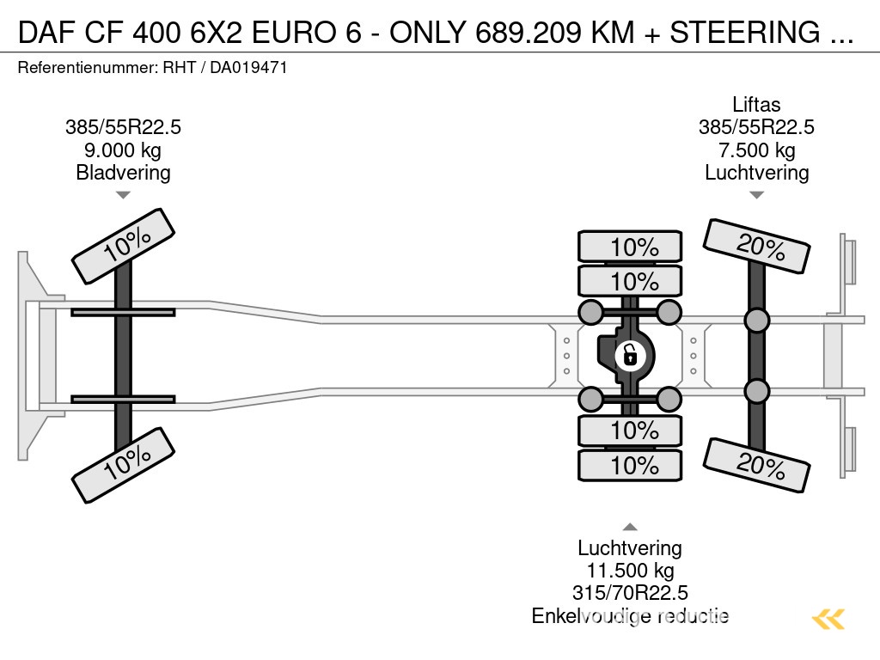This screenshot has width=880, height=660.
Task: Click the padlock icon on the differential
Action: pyautogui.click(x=630, y=353)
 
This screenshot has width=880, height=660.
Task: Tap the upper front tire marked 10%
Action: pyautogui.click(x=124, y=246)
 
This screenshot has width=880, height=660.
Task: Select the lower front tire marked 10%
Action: pyautogui.click(x=124, y=466)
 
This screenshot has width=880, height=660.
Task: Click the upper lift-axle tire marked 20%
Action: pyautogui.click(x=757, y=246)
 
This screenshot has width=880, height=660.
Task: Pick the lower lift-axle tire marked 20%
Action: pyautogui.click(x=757, y=464)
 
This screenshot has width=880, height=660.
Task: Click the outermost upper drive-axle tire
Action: pyautogui.click(x=631, y=247)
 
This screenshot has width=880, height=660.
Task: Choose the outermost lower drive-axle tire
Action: pyautogui.click(x=631, y=465)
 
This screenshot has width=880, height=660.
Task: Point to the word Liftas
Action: pyautogui.click(x=756, y=105)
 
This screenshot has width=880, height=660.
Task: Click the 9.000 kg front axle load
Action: pyautogui.click(x=123, y=150)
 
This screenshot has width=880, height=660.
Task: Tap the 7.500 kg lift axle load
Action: pyautogui.click(x=756, y=150)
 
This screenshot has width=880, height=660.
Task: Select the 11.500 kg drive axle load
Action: pyautogui.click(x=630, y=571)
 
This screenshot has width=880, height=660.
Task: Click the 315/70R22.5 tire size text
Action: pyautogui.click(x=630, y=593)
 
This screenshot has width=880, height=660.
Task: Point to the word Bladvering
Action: pyautogui.click(x=123, y=172)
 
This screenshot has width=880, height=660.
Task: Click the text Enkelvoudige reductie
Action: pyautogui.click(x=630, y=615)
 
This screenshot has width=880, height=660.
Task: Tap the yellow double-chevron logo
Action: pyautogui.click(x=828, y=619)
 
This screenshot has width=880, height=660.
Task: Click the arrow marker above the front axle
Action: pyautogui.click(x=123, y=195)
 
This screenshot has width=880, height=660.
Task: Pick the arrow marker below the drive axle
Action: pyautogui.click(x=630, y=527)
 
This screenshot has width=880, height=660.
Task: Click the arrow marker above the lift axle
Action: pyautogui.click(x=756, y=195)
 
